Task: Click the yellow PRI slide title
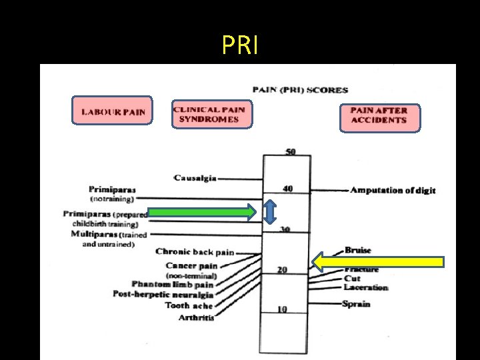[x=239, y=45]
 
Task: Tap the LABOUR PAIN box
[x=113, y=111]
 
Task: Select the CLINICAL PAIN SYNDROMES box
[x=211, y=114]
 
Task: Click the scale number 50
[x=291, y=152]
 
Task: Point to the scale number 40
[x=287, y=189]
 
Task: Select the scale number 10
[x=283, y=309]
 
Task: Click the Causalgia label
[x=195, y=178]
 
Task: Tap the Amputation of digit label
[x=393, y=190]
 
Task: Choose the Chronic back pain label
[x=195, y=252]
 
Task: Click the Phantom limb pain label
[x=172, y=285]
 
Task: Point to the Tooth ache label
[x=189, y=306]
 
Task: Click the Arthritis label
[x=197, y=317]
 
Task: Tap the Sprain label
[x=357, y=304]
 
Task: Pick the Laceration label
[x=366, y=287]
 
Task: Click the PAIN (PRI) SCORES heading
[x=300, y=89]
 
